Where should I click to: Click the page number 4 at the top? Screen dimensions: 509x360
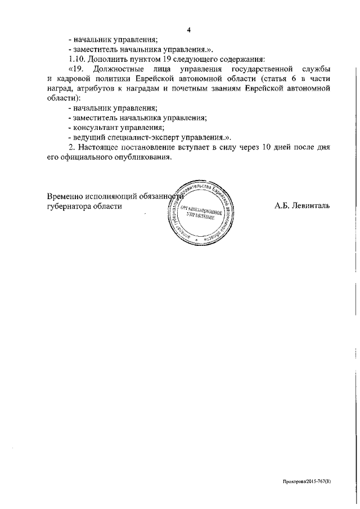190,29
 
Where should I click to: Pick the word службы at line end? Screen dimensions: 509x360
315,69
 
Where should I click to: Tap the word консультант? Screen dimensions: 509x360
97,127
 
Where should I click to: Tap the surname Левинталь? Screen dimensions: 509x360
310,206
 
